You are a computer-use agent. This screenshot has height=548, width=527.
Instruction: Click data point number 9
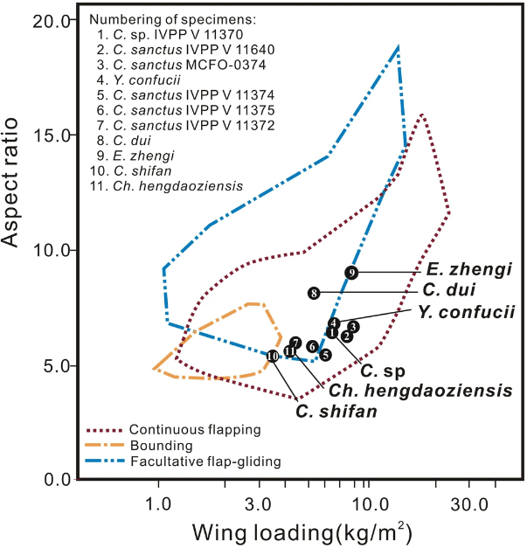(350, 273)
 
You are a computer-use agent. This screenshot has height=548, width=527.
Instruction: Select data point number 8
(313, 293)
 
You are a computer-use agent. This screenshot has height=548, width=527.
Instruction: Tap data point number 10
(273, 356)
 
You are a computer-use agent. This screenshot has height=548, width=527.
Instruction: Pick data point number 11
(289, 351)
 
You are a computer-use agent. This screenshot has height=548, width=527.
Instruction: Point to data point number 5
(325, 355)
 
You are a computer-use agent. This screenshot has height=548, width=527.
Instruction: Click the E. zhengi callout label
(468, 269)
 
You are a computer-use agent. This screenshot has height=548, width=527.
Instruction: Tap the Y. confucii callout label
(466, 311)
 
